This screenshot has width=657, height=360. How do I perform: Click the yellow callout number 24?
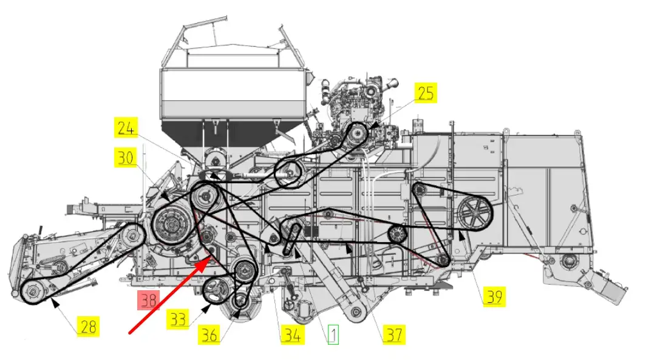[126, 128]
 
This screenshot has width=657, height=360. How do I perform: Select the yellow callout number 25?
[426, 93]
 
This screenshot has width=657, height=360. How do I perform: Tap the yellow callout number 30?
[126, 158]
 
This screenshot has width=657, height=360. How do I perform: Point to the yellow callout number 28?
[89, 327]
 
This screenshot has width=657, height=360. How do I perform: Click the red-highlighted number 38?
[149, 301]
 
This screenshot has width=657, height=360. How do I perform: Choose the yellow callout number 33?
[178, 319]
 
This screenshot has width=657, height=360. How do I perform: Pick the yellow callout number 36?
[209, 335]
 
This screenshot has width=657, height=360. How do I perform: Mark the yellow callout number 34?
[292, 335]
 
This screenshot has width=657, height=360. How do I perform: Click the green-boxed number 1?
[333, 335]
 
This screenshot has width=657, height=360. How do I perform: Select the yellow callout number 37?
[394, 335]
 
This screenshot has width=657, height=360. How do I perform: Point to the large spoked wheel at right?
[475, 213]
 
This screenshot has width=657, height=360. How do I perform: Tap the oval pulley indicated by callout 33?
[216, 291]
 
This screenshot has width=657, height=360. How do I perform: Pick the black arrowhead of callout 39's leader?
[461, 236]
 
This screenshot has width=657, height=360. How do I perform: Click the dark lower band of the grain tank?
[233, 134]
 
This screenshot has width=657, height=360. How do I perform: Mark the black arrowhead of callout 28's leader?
[55, 302]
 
